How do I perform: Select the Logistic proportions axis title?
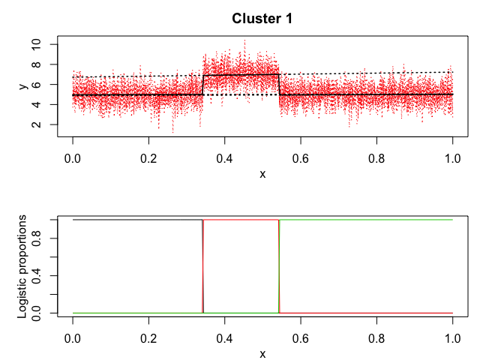(x=24, y=266)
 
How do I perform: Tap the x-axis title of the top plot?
(x=262, y=173)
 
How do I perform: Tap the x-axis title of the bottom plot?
(x=262, y=353)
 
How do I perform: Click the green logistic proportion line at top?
(x=367, y=220)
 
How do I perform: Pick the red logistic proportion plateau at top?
(x=240, y=220)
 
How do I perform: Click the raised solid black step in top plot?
(x=240, y=75)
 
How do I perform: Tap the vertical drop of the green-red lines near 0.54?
(x=279, y=266)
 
